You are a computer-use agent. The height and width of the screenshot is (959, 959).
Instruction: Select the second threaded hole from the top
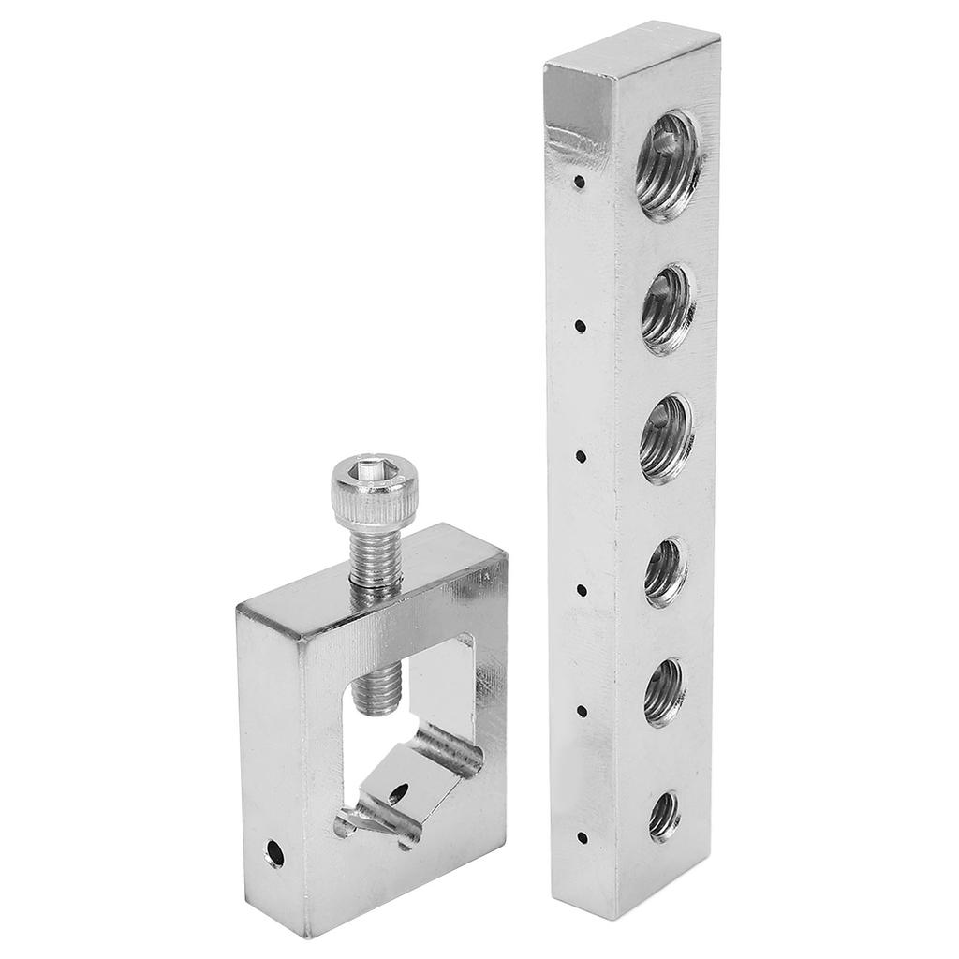[668, 309]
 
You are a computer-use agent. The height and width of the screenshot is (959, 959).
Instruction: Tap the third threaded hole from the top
[666, 438]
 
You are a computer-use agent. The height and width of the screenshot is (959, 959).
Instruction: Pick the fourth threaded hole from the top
[665, 571]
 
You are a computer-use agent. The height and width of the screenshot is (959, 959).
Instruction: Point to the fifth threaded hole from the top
[664, 692]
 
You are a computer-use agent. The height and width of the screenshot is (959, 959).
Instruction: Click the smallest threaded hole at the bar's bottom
[664, 816]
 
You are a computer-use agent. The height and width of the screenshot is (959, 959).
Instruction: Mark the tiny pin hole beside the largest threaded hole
[581, 182]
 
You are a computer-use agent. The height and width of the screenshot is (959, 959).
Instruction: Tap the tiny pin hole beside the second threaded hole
[581, 326]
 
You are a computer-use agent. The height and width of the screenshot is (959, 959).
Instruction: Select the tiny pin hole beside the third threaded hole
[581, 457]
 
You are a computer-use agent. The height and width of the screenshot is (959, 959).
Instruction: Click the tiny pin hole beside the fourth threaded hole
[581, 590]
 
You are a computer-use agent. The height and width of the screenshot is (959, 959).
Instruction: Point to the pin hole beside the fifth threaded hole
[581, 712]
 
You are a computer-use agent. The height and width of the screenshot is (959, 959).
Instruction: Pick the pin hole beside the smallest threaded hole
[581, 836]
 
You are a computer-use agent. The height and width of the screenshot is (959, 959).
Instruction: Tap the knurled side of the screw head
[374, 504]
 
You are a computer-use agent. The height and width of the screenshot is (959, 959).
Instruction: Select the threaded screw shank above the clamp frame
[375, 557]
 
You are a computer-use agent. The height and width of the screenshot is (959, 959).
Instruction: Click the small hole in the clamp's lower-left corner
[274, 852]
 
